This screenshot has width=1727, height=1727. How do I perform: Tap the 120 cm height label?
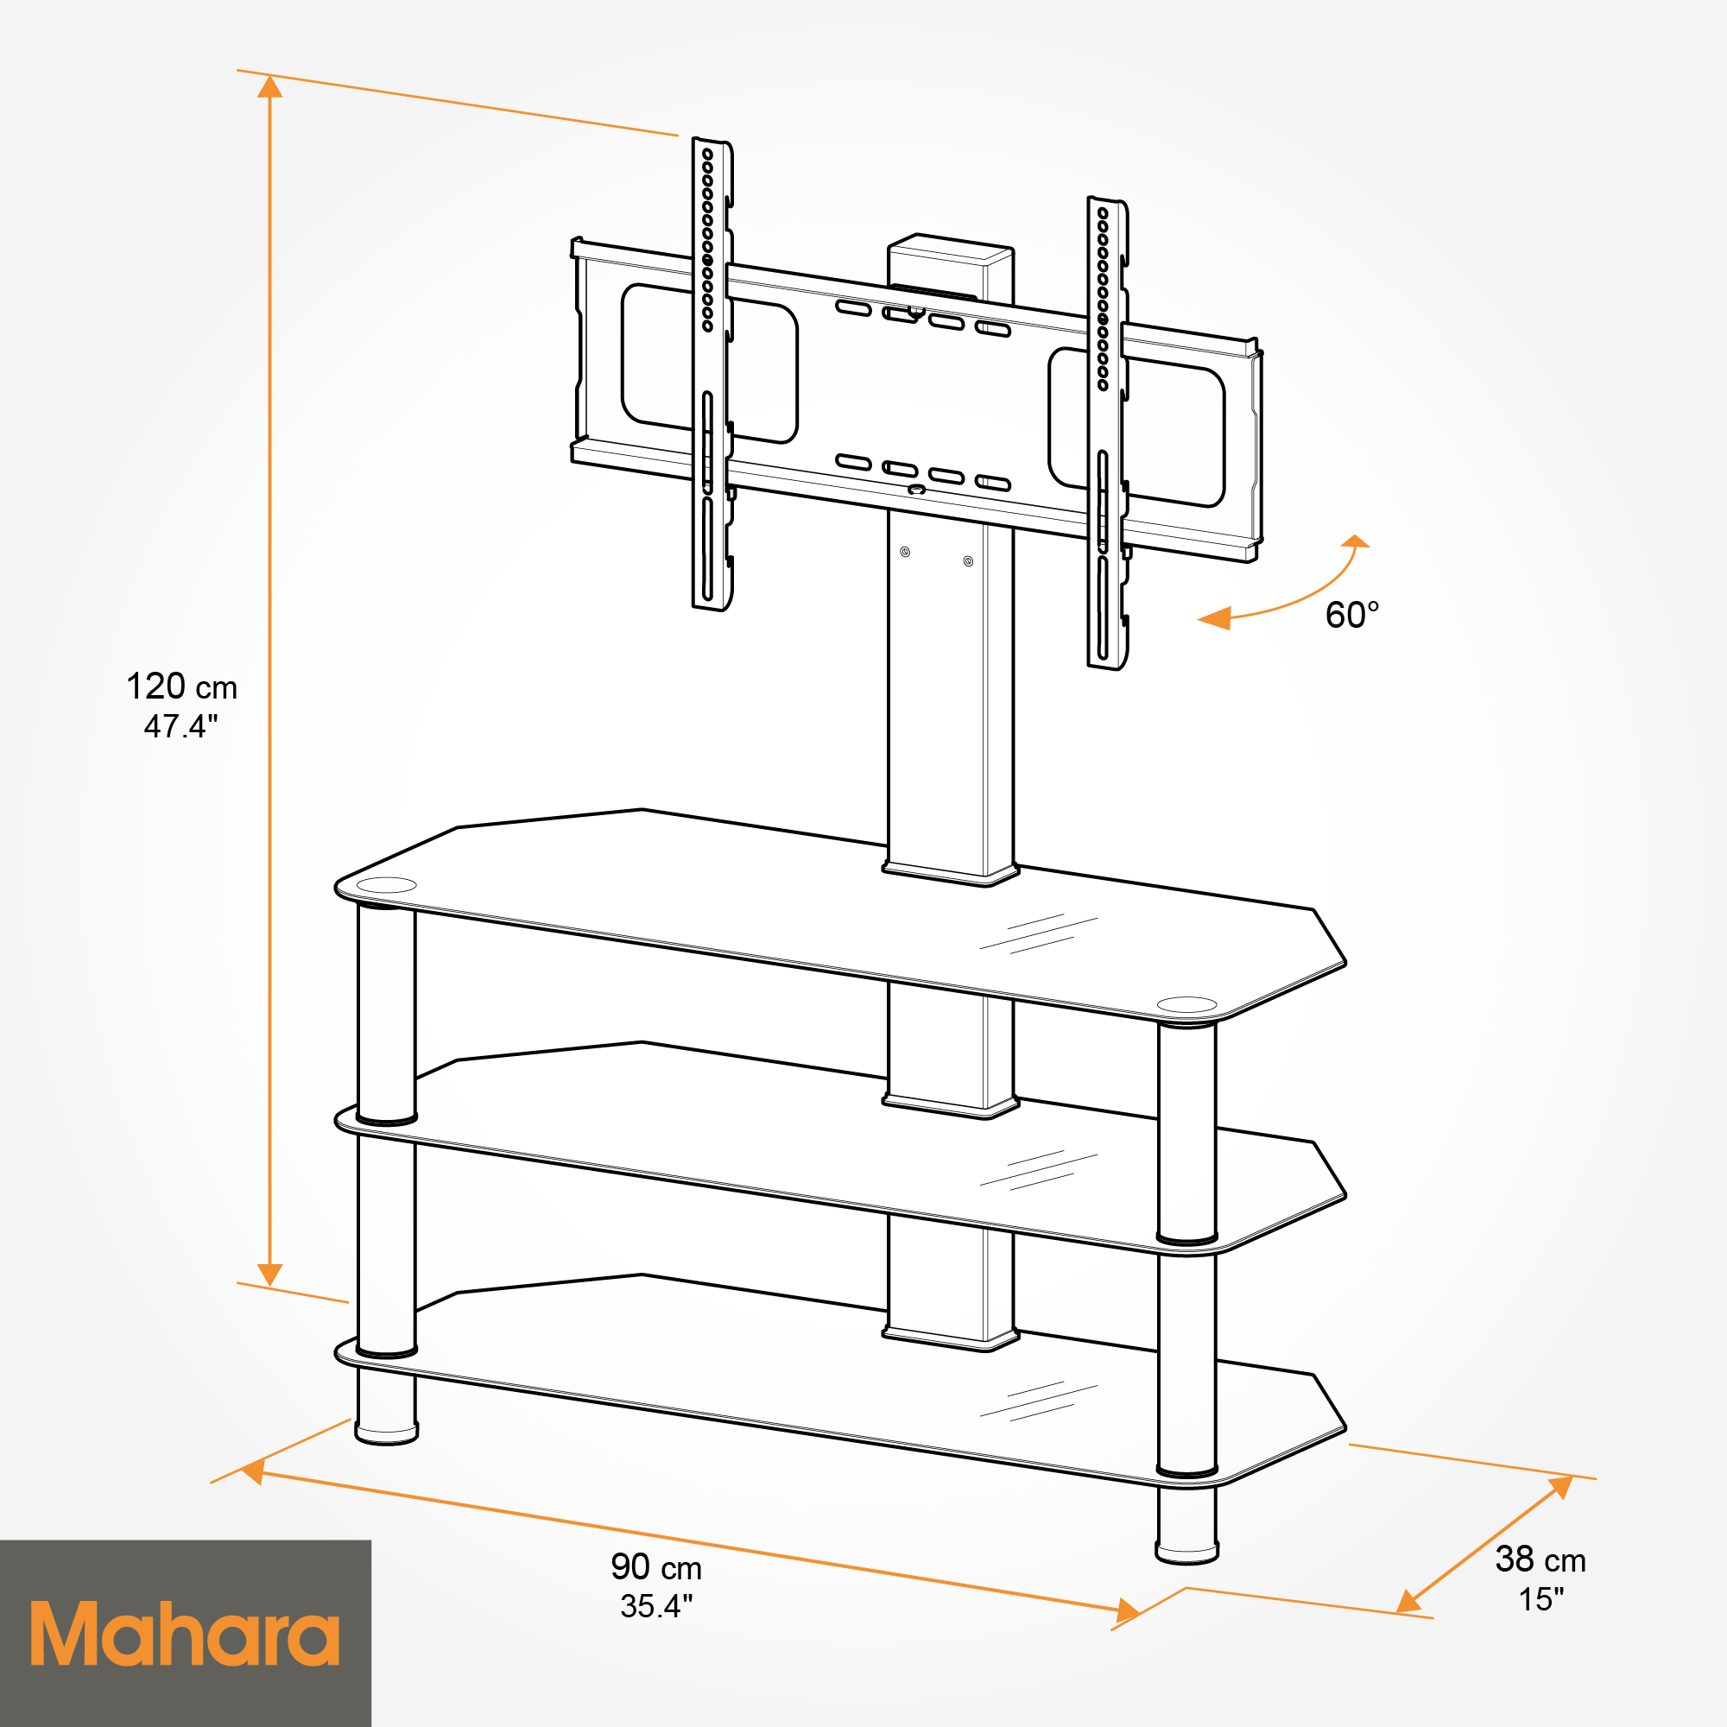point(181,686)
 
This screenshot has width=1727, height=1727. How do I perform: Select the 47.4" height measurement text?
point(180,727)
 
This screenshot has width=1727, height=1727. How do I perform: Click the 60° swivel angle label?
point(1351,615)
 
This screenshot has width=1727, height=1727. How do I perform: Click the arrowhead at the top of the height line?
point(270,85)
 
